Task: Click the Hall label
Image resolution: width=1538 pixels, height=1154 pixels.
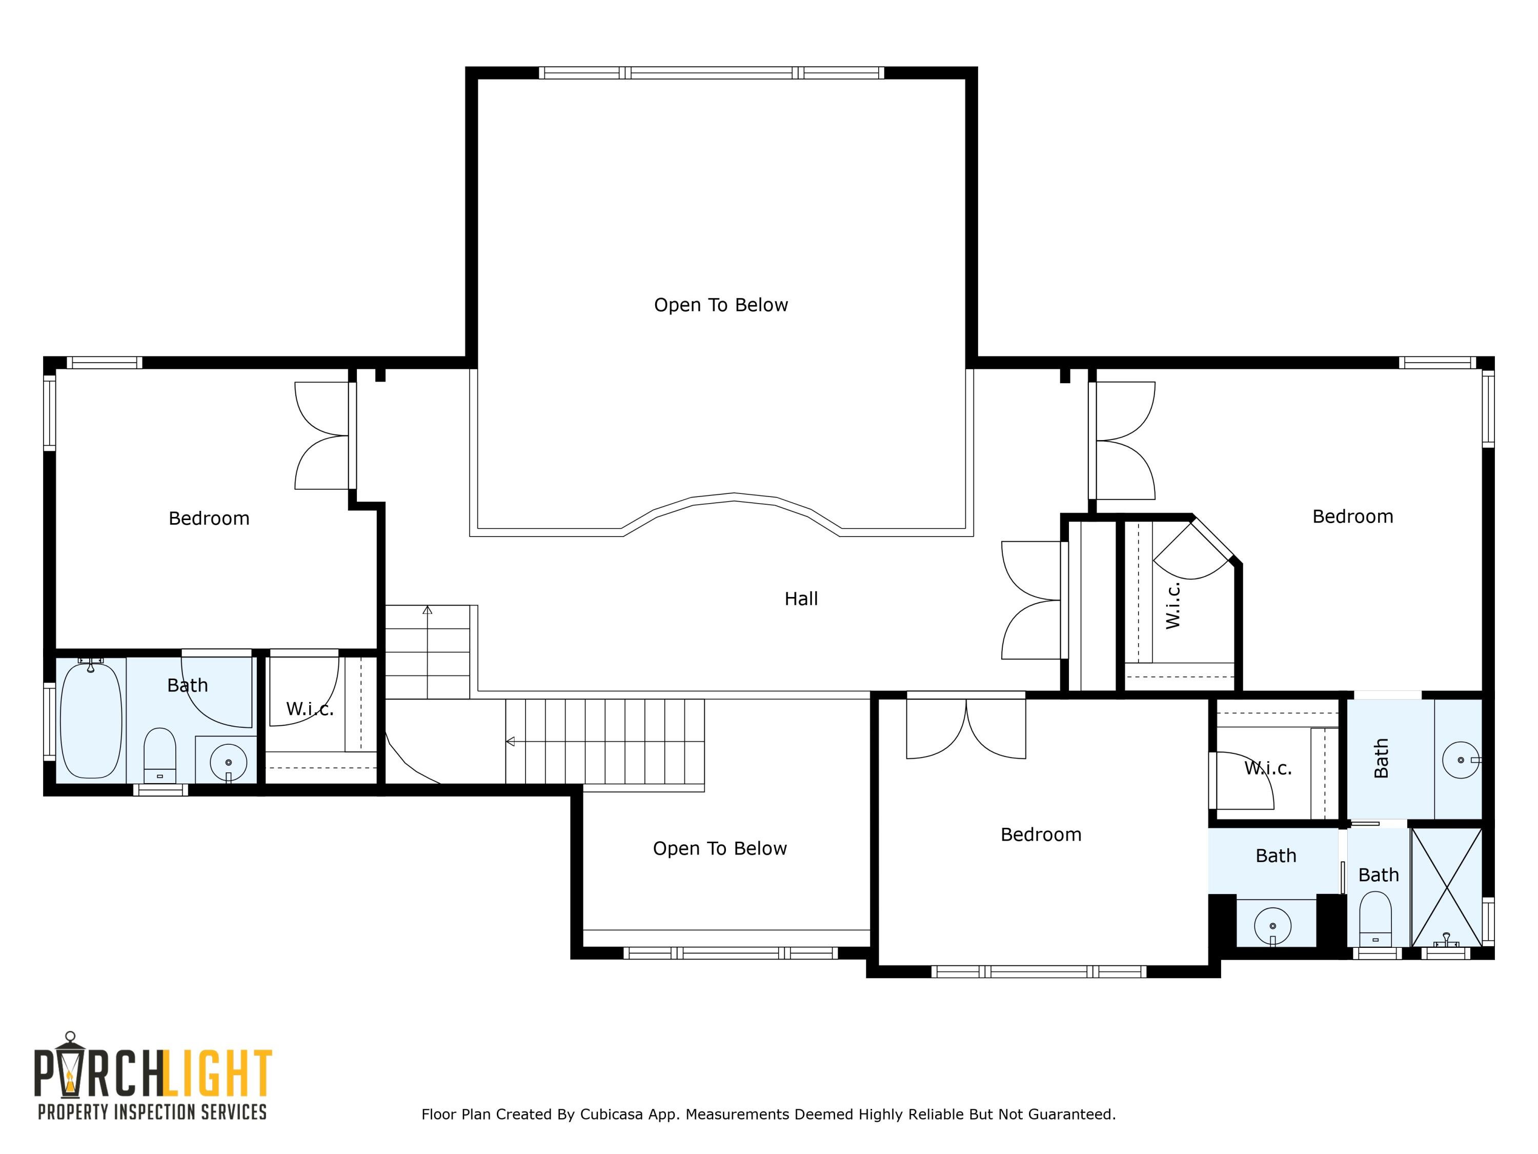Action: point(800,599)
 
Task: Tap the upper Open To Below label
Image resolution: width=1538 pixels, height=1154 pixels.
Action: point(720,305)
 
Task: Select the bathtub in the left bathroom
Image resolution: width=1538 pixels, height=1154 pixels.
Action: point(91,721)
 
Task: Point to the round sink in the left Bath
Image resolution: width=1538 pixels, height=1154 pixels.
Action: point(228,762)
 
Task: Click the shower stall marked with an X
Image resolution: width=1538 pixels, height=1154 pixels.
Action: point(1446,886)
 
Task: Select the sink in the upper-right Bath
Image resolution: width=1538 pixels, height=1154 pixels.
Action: point(1460,760)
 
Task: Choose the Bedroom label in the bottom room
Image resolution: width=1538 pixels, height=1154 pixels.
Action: point(1040,834)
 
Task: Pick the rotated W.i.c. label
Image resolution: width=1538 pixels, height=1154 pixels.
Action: point(1172,606)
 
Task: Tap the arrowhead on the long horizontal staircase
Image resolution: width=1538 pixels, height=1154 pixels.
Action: point(510,742)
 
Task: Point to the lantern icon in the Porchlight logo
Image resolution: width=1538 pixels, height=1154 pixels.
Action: point(70,1071)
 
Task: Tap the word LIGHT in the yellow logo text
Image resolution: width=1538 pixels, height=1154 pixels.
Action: point(219,1074)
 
